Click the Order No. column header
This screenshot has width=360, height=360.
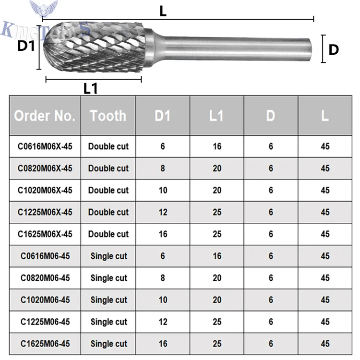45,116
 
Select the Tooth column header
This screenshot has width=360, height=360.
108,116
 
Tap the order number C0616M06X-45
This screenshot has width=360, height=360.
45,146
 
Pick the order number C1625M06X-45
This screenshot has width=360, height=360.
45,234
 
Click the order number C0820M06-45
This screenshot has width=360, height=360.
45,278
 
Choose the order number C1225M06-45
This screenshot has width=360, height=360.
45,322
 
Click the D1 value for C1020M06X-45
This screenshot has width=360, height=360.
163,190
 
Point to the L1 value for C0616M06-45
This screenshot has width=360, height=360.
217,256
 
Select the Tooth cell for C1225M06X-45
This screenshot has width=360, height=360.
108,212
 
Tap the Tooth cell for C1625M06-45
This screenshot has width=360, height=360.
108,344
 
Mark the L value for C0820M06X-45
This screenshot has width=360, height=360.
325,168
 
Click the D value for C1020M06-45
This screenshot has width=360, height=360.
271,300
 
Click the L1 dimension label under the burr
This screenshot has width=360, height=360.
91,89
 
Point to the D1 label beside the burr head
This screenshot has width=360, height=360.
27,46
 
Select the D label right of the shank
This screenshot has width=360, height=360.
334,49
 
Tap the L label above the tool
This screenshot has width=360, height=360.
163,12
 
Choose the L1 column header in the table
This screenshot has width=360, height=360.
217,116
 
